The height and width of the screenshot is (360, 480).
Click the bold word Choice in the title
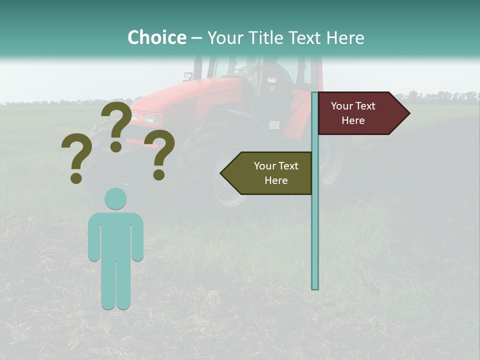tap(156, 38)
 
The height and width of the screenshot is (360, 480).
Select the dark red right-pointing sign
tap(360, 113)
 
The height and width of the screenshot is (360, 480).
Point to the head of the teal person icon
tap(115, 198)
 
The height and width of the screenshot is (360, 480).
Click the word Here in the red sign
tap(353, 120)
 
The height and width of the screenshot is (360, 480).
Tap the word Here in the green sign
tap(276, 180)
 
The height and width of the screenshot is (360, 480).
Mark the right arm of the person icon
tap(137, 240)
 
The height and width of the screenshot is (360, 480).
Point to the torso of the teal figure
tap(115, 235)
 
